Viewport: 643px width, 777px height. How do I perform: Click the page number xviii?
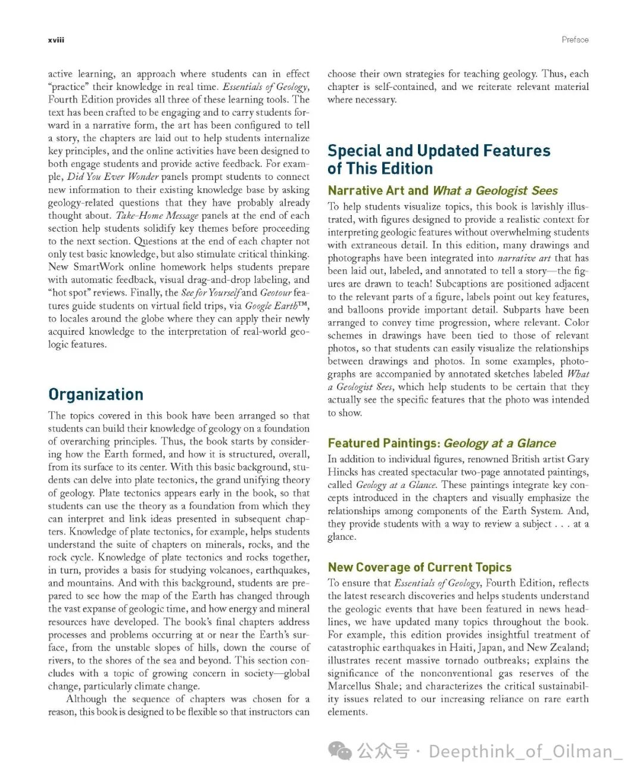[56, 40]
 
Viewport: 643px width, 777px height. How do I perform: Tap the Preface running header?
[575, 40]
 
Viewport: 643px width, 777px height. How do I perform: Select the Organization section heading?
[96, 394]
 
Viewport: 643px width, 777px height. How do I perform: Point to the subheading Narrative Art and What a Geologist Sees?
[442, 191]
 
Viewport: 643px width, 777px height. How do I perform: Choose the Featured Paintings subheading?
[442, 443]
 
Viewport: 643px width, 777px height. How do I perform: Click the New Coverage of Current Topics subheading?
[420, 567]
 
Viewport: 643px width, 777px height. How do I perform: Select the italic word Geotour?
[276, 293]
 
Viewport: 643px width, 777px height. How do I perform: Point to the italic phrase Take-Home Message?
[157, 216]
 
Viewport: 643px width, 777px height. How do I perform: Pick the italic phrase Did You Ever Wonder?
[113, 177]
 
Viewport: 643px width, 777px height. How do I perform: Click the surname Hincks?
[343, 472]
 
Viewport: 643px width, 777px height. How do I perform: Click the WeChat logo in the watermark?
[341, 751]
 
